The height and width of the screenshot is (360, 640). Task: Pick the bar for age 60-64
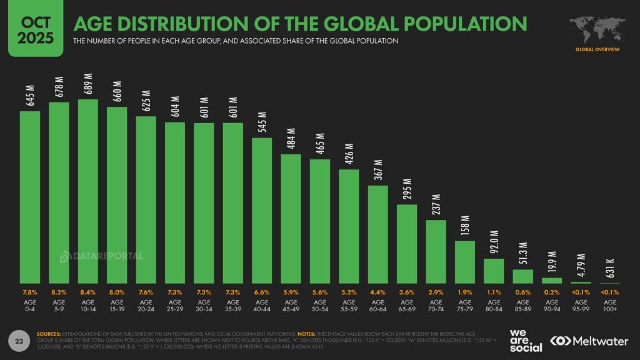tap(378, 234)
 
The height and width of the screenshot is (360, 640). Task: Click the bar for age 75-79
tap(465, 262)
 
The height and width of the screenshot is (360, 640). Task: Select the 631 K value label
tap(611, 268)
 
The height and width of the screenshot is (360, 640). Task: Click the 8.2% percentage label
tap(59, 292)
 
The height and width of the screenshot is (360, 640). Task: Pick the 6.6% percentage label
tap(262, 292)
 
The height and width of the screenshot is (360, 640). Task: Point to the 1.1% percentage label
tap(494, 292)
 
